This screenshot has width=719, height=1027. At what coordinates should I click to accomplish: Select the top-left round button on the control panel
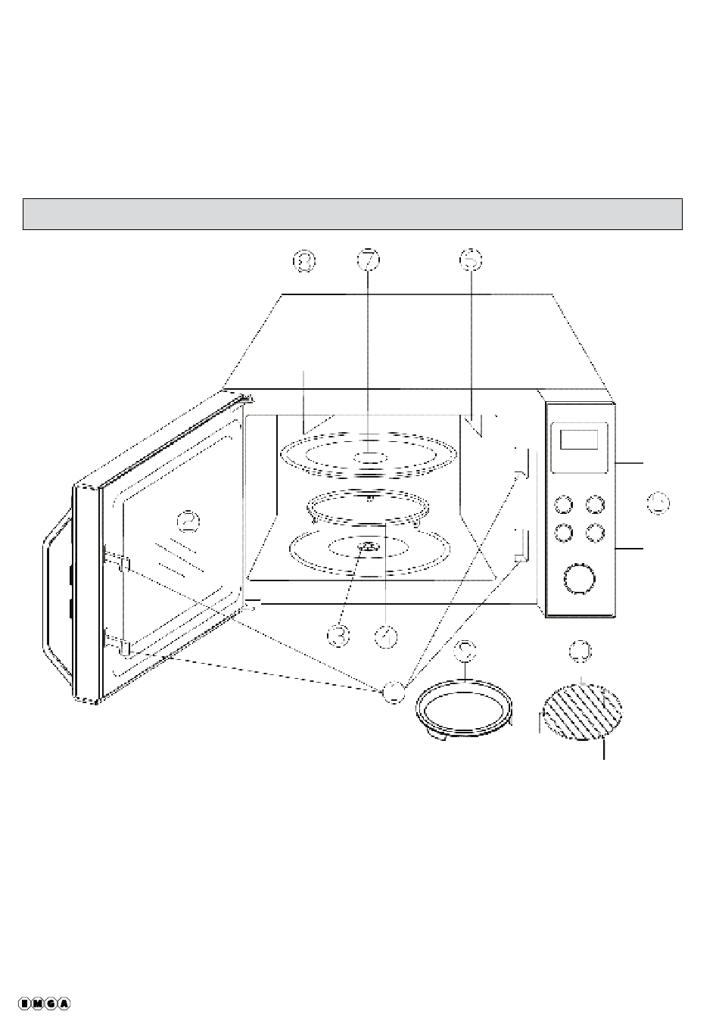click(x=563, y=505)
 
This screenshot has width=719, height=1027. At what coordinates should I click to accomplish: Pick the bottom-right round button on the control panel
click(x=596, y=533)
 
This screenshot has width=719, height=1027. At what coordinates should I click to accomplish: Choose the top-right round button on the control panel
click(x=596, y=505)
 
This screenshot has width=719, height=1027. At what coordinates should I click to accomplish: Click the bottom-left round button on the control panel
click(x=563, y=533)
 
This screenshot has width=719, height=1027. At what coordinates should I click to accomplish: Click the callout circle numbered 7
click(x=368, y=260)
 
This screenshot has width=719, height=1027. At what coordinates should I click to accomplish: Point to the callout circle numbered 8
click(x=304, y=260)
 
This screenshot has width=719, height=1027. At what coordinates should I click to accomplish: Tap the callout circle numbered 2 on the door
click(x=188, y=521)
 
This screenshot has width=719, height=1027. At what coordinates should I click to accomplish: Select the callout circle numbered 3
click(x=339, y=635)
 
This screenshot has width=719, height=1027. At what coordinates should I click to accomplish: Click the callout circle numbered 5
click(x=470, y=260)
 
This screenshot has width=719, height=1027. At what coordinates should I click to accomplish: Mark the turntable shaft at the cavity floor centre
click(x=367, y=547)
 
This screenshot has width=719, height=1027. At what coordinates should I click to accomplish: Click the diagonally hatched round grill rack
click(x=584, y=711)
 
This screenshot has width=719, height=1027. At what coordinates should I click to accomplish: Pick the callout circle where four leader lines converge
click(x=393, y=690)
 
